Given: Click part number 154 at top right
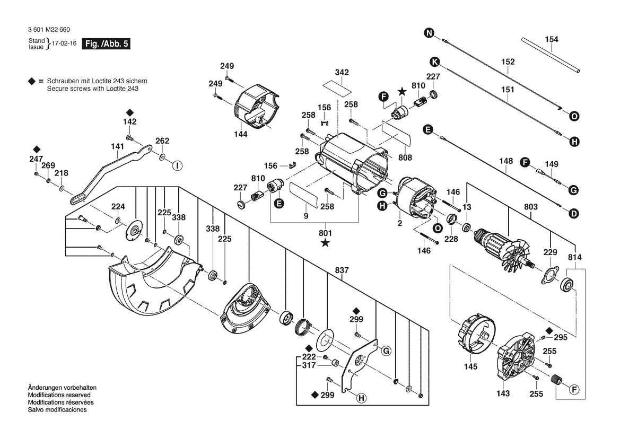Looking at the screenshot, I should tap(552, 40).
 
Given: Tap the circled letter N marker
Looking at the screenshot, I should tap(429, 34).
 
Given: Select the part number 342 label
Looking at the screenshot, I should tap(342, 72).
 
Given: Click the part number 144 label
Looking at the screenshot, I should tap(241, 135).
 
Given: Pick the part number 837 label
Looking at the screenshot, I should tap(342, 270).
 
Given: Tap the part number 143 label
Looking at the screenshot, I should tap(503, 393).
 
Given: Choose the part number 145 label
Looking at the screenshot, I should tap(470, 366).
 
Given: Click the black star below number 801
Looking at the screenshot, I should tap(325, 243).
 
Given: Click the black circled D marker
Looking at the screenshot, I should tap(574, 214).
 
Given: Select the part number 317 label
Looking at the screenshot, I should tap(309, 365).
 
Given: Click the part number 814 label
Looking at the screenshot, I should tap(575, 257).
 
